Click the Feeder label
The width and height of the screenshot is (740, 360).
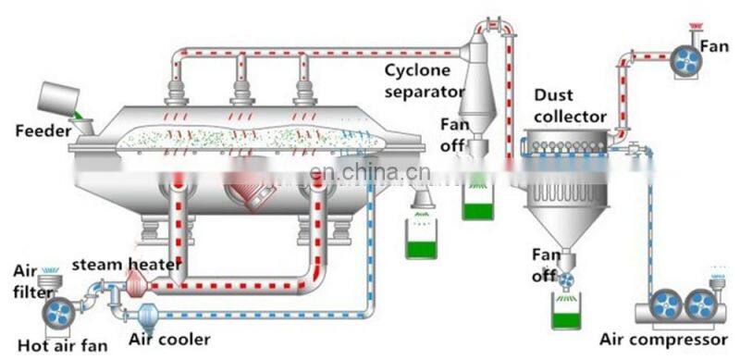click(43, 131)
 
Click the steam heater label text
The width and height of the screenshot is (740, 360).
click(124, 267)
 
